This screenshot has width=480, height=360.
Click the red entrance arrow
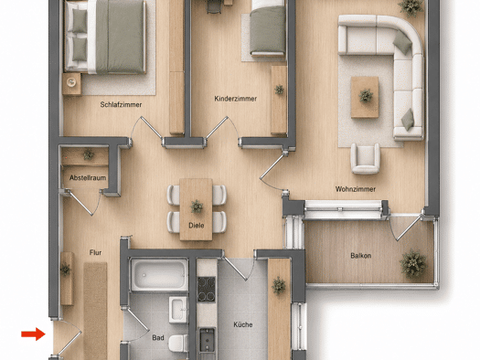pos(33,334)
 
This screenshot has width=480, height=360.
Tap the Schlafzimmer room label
pos(121,104)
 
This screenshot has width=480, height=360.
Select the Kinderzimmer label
pos(235,99)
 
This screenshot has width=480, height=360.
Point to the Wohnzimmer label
pos(356,189)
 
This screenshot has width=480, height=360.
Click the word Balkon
pos(361,256)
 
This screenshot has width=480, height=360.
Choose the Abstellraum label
pos(88,177)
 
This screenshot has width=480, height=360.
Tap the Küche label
pos(243,324)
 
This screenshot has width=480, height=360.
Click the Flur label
pos(95,253)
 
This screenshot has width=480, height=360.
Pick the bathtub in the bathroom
pos(159,275)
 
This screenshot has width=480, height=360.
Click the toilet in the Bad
pos(178,343)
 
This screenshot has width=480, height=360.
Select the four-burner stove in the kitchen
pos(206,289)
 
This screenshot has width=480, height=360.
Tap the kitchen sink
pos(207,340)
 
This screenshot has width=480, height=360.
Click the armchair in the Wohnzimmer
pos(365,158)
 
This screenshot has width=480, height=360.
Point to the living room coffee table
pos(365,97)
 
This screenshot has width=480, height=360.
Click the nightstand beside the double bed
pos(72,83)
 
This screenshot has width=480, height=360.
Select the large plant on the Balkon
pos(413,263)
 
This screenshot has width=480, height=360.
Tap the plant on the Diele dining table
pos(197,206)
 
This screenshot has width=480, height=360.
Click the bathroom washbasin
pos(178,310)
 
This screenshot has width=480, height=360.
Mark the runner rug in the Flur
pos(95,311)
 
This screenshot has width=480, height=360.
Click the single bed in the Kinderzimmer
pos(268,28)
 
